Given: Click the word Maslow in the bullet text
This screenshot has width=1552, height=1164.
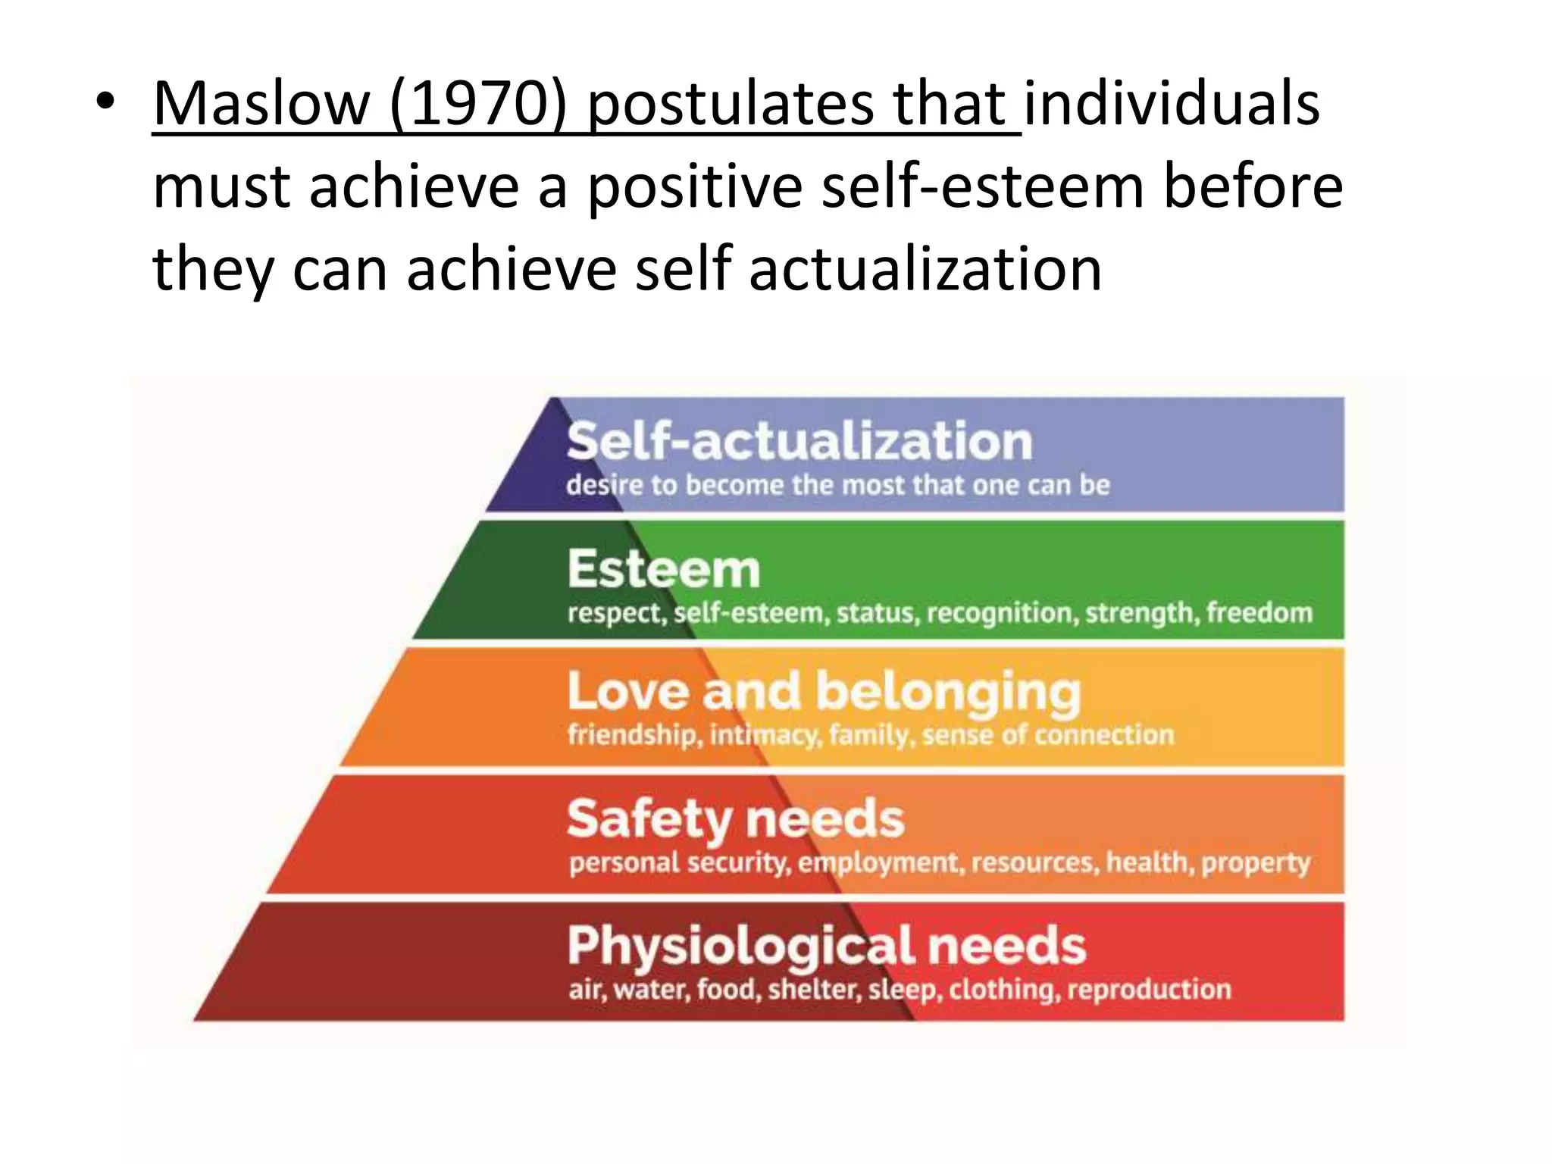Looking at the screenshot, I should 261,105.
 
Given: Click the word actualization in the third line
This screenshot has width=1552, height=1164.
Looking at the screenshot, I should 925,269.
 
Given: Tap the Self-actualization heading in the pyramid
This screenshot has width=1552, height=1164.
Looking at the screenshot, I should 799,442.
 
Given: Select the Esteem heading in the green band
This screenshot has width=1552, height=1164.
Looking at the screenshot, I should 664,569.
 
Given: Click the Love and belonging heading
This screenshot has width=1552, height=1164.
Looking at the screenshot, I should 824,692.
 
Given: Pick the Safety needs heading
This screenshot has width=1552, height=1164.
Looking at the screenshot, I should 735,819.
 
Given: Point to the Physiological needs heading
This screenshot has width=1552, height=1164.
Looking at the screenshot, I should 826,947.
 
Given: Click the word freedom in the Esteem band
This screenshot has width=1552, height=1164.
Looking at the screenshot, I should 1259,612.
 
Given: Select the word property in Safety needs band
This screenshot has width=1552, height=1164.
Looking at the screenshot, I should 1255,863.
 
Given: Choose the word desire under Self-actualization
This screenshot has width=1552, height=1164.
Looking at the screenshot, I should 605,485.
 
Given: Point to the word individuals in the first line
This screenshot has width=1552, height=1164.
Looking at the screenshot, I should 1172,105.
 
